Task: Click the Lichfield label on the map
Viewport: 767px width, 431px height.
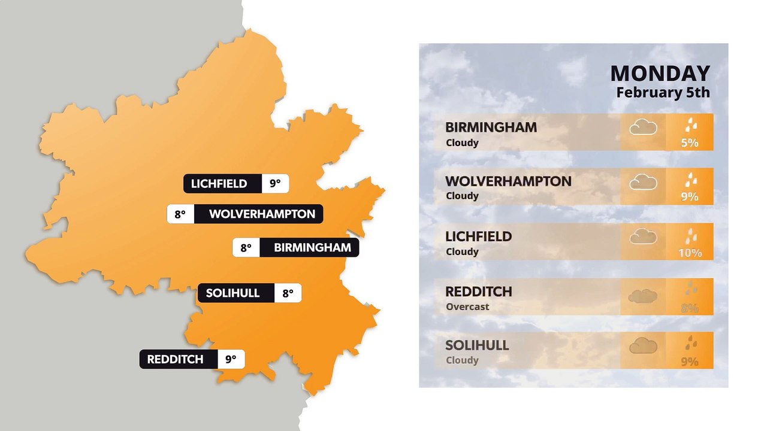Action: point(219,184)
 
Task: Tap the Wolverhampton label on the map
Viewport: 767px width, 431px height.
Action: point(262,214)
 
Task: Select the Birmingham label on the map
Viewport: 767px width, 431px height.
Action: point(312,248)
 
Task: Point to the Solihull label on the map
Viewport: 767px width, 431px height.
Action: point(232,293)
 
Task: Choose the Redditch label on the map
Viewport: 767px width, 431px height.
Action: point(175,359)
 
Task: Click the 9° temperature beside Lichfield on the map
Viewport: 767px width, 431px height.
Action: point(275,184)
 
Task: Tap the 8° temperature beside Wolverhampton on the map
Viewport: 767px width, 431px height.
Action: point(180,214)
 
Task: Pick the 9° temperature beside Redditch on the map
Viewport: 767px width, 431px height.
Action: point(231,359)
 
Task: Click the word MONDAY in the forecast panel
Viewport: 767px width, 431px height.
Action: point(660,74)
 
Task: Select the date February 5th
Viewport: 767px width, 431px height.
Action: point(663,93)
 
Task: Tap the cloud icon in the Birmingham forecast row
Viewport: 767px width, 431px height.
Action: point(643,127)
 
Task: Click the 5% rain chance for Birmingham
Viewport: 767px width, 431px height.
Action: point(690,143)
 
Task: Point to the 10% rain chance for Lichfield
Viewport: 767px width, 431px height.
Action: point(690,253)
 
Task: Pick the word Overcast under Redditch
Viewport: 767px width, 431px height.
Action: point(467,306)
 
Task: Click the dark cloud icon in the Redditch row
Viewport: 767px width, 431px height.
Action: point(642,296)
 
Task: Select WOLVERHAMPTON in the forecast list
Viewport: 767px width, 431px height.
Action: point(508,181)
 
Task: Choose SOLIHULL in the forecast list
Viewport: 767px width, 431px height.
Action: point(477,345)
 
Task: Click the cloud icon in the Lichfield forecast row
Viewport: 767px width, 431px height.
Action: point(643,236)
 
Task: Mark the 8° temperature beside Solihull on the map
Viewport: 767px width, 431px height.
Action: point(288,293)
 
